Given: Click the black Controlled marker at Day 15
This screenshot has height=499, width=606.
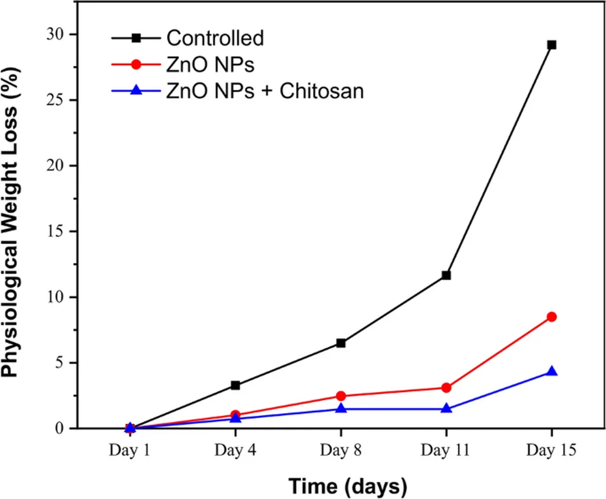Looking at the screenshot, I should pyautogui.click(x=552, y=45).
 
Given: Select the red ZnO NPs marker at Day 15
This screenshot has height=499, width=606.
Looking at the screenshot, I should pyautogui.click(x=552, y=317).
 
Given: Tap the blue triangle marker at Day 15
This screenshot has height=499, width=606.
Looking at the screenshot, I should pyautogui.click(x=552, y=371).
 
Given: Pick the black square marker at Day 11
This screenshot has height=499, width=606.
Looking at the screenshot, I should pyautogui.click(x=446, y=276).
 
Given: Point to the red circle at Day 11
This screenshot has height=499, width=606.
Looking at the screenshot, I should pyautogui.click(x=446, y=388).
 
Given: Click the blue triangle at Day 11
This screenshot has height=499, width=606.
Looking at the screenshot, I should pyautogui.click(x=446, y=409).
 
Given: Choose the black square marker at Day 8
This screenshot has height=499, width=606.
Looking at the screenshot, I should pyautogui.click(x=341, y=343).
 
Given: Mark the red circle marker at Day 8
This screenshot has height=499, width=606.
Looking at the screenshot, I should pyautogui.click(x=341, y=396).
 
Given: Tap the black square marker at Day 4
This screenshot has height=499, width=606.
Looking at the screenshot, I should pyautogui.click(x=236, y=385).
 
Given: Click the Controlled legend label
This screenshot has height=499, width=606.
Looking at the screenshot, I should pyautogui.click(x=215, y=38).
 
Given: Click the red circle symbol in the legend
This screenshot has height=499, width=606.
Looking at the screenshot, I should pyautogui.click(x=137, y=64).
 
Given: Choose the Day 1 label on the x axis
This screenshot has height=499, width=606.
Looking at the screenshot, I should pyautogui.click(x=130, y=451).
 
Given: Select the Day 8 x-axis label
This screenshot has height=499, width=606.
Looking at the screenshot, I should pyautogui.click(x=341, y=451).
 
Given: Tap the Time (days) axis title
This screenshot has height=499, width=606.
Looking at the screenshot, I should pyautogui.click(x=348, y=486).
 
